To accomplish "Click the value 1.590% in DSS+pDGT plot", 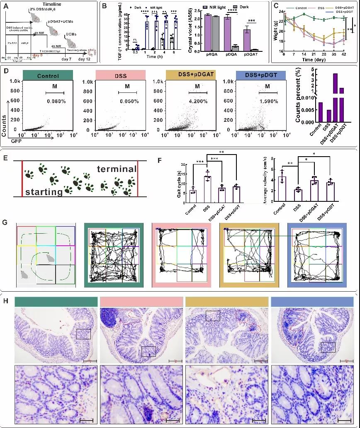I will [x=268, y=101].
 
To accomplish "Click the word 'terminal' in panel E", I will [x=117, y=169].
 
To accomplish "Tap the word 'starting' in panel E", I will [x=43, y=192].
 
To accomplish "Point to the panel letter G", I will [x=5, y=222].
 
